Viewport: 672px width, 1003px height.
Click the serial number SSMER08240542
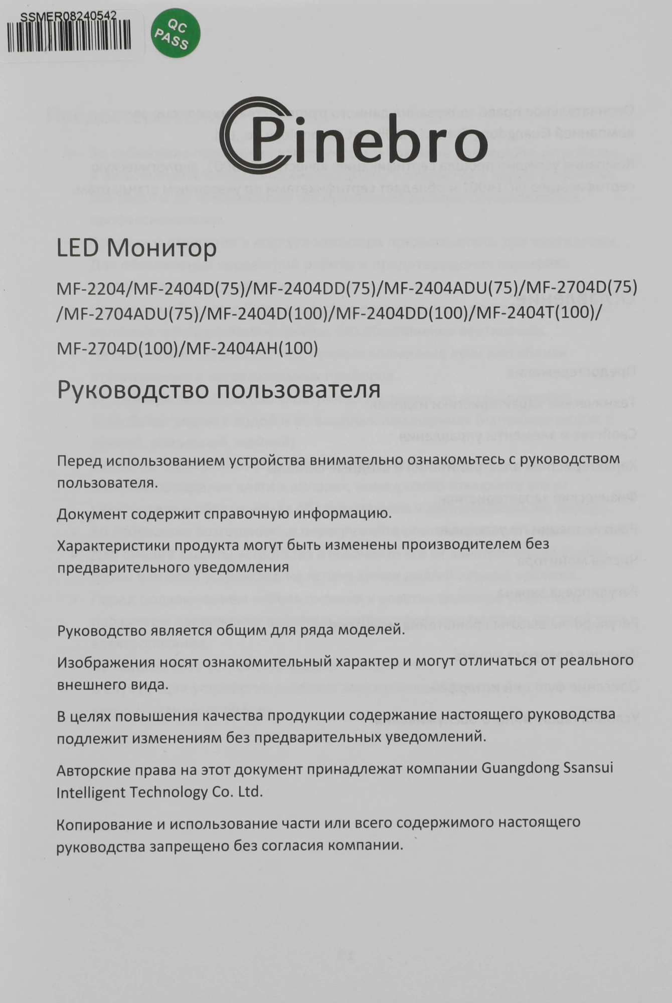(69, 16)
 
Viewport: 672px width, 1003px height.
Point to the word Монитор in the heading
(162, 248)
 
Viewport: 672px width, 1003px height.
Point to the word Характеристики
(108, 544)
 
